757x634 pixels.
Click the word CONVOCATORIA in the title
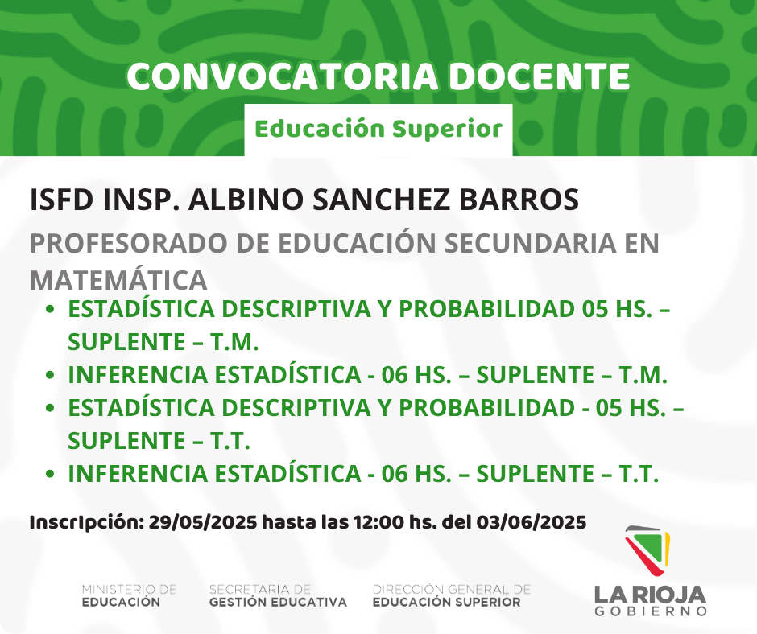pos(283,76)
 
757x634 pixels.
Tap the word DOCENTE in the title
pos(540,76)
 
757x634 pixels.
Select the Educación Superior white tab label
pos(378,130)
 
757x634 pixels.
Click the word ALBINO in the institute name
pos(246,200)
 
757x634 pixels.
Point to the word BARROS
pos(519,200)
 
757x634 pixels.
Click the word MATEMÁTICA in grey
pos(118,279)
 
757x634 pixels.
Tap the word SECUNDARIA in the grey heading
pos(530,243)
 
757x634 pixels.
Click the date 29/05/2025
pos(203,522)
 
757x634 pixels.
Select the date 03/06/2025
pos(532,522)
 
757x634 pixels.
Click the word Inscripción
pos(87,522)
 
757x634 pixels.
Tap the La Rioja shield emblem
pos(647,550)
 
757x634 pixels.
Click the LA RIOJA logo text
pos(651,595)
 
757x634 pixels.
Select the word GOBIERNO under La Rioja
pos(651,611)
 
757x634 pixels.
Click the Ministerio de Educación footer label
pos(130,596)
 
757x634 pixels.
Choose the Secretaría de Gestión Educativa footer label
pos(278,596)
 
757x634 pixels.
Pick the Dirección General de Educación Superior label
pos(452,596)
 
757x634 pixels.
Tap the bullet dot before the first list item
pos(50,309)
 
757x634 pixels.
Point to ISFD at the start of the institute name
pos(62,200)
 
